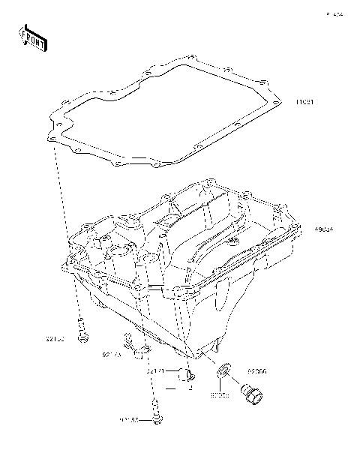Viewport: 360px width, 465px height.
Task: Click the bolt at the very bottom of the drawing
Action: (157, 416)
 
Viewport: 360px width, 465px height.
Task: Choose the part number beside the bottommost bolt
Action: (130, 421)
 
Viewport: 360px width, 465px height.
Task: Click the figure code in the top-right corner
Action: (333, 13)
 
